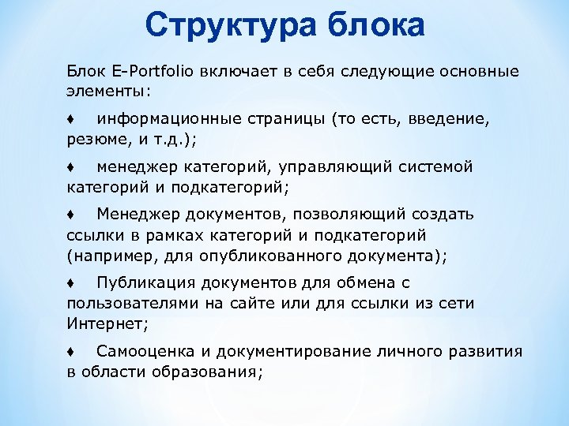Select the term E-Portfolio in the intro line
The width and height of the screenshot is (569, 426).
(149, 72)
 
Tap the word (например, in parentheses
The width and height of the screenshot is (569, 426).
(105, 256)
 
